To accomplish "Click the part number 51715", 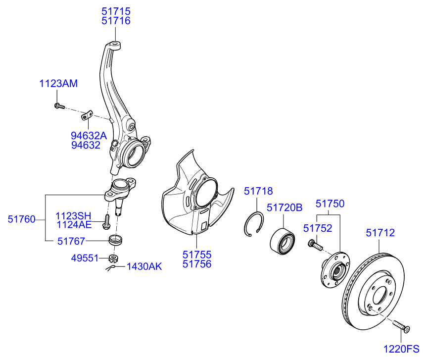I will pos(116,10).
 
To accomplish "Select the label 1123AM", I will pos(58,84).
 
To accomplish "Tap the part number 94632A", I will pos(89,135).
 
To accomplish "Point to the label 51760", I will pos(21,219).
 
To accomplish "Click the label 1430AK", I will pos(144,266).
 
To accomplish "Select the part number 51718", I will pos(258,191).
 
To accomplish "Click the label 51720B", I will pos(284,208).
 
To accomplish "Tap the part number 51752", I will pos(318,228).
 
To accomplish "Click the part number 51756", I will pos(196,264).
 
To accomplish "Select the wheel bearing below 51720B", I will pos(283,240).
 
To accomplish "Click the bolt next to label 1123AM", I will pos(58,105).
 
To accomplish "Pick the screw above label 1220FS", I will pos(401,326).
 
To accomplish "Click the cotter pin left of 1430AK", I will pos(111,268).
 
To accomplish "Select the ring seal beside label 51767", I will pos(116,240).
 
